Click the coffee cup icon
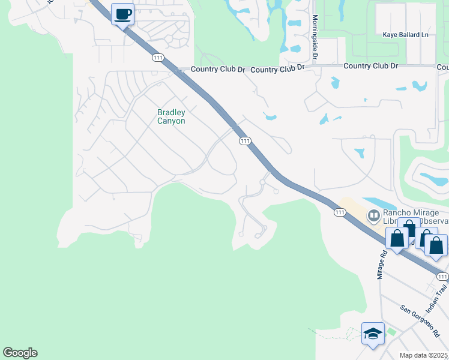(x=122, y=14)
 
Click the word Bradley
(x=171, y=112)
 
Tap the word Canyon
(x=171, y=121)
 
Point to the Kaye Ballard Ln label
(x=406, y=35)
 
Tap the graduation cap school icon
(x=372, y=332)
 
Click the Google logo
(x=20, y=353)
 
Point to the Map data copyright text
(x=424, y=355)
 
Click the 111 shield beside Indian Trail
(x=442, y=276)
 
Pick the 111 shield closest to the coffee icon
(x=158, y=57)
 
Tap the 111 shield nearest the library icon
(x=340, y=212)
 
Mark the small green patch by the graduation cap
(x=392, y=331)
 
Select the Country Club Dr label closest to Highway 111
(x=218, y=70)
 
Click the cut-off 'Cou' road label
(x=443, y=67)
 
